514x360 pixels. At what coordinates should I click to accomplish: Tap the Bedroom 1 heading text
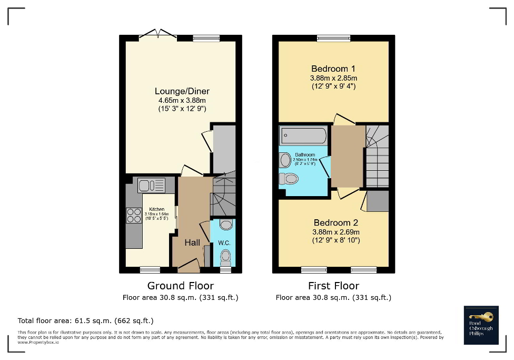pyautogui.click(x=333, y=69)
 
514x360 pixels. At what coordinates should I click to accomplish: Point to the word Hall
pyautogui.click(x=192, y=243)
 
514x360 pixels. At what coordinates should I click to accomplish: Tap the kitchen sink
pyautogui.click(x=151, y=185)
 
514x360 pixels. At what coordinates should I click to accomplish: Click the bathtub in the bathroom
pyautogui.click(x=303, y=137)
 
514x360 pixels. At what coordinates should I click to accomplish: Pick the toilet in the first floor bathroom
pyautogui.click(x=289, y=179)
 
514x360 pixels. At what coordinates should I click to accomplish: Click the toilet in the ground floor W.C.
pyautogui.click(x=226, y=258)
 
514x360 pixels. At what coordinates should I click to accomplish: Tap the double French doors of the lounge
pyautogui.click(x=158, y=36)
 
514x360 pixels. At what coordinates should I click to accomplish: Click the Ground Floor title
pyautogui.click(x=180, y=286)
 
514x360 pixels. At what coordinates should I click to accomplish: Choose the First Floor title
pyautogui.click(x=333, y=286)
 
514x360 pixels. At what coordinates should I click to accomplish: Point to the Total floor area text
pyautogui.click(x=85, y=320)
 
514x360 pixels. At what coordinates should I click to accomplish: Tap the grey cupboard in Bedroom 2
pyautogui.click(x=377, y=201)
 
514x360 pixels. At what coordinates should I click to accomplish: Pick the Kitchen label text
pyautogui.click(x=157, y=209)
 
